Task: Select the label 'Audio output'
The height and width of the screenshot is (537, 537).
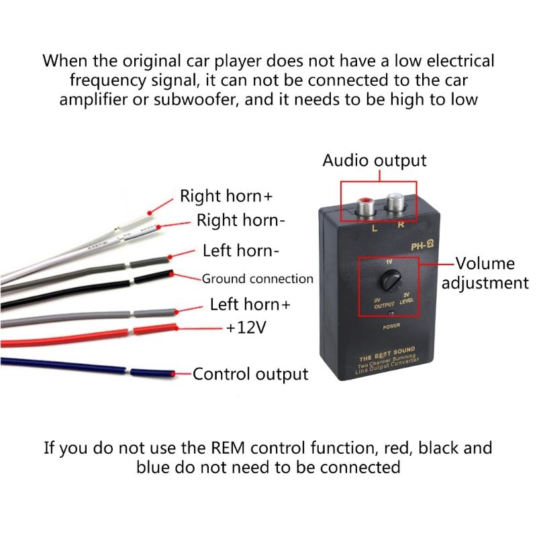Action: click(x=374, y=160)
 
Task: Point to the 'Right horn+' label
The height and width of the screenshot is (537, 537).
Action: click(x=226, y=196)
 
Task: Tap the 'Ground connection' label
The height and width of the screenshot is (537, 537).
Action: click(x=258, y=278)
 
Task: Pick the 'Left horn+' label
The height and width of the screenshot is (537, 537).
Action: click(x=250, y=303)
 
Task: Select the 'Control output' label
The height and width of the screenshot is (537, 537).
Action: click(x=250, y=374)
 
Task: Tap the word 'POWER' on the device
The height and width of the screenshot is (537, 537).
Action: click(x=393, y=327)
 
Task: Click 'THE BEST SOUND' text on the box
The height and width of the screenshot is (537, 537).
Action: click(x=388, y=350)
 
